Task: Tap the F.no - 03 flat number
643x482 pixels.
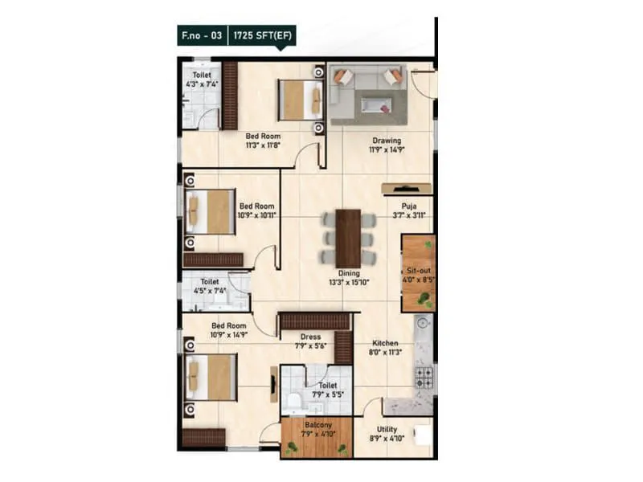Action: click(203, 35)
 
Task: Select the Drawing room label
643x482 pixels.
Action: click(386, 141)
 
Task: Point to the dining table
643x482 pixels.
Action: click(348, 237)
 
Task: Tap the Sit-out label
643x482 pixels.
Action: click(416, 272)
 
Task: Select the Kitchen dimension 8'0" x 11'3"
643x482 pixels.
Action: click(386, 352)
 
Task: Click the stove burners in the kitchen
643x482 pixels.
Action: click(423, 375)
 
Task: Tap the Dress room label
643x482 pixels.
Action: click(310, 337)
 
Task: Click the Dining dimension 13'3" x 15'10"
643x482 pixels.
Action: click(349, 283)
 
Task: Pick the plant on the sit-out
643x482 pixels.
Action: click(423, 299)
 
